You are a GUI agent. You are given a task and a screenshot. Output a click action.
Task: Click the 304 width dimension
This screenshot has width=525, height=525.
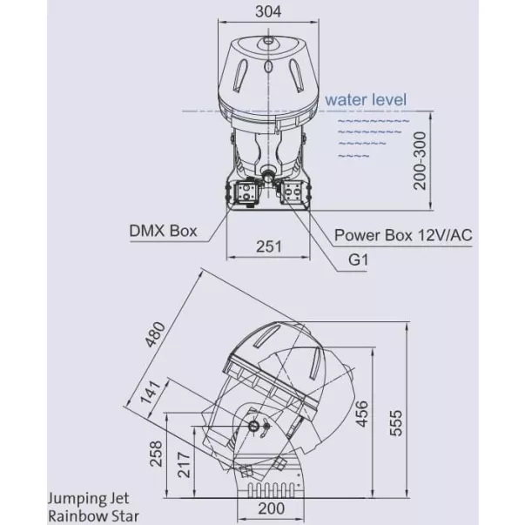[x=268, y=11]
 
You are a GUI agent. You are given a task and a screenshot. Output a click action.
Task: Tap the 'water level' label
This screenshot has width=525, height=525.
[x=366, y=100]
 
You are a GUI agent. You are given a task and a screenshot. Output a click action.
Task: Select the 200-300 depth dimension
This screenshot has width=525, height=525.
[x=420, y=161]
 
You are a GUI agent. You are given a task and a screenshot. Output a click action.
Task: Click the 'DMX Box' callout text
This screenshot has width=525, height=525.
[x=163, y=231]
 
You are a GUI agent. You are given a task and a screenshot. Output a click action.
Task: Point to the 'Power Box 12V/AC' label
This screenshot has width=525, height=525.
[x=403, y=235]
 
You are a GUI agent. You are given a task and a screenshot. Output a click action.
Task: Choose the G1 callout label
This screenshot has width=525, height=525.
[x=358, y=259]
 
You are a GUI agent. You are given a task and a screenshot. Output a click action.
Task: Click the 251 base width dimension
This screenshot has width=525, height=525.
[x=269, y=246]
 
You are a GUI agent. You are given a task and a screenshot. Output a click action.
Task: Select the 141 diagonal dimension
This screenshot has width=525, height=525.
[x=151, y=392]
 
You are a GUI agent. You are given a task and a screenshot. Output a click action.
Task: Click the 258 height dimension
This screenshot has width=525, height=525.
[x=156, y=454]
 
